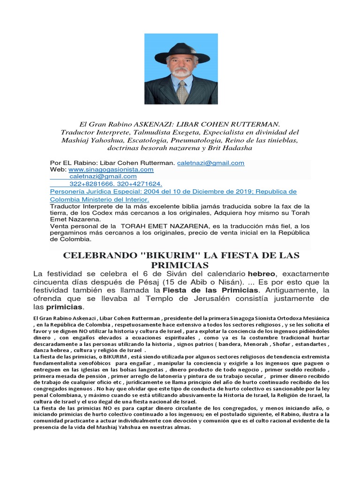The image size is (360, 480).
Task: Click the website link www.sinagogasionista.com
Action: tap(111, 170)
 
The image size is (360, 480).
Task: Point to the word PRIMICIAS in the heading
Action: tap(180, 265)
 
